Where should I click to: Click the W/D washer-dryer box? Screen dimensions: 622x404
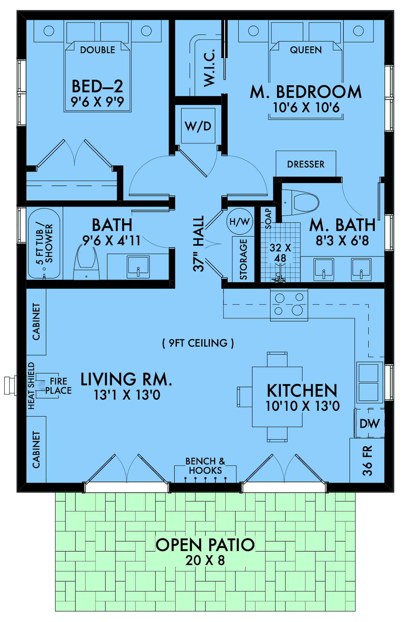(198, 126)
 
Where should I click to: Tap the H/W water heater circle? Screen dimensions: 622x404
(239, 221)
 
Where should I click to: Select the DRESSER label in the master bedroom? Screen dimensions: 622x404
(306, 164)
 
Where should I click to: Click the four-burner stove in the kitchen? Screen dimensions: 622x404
(289, 304)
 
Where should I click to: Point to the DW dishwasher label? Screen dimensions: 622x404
(369, 424)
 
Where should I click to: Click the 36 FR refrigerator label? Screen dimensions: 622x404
(367, 460)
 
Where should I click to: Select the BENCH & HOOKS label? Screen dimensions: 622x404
(205, 466)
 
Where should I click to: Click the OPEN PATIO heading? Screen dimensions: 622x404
(205, 545)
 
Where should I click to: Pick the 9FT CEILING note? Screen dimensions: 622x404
(198, 343)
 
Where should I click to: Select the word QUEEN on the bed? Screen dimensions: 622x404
(306, 50)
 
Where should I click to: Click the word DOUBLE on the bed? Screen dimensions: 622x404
(98, 50)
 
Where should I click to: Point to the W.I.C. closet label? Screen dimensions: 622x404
(209, 67)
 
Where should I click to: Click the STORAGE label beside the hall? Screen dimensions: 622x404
(243, 259)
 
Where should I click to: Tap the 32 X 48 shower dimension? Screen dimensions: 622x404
(280, 253)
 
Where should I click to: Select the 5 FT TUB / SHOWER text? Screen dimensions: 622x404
(44, 243)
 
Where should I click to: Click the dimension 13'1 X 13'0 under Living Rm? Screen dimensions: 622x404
(127, 395)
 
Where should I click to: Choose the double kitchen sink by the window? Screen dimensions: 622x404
(369, 382)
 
